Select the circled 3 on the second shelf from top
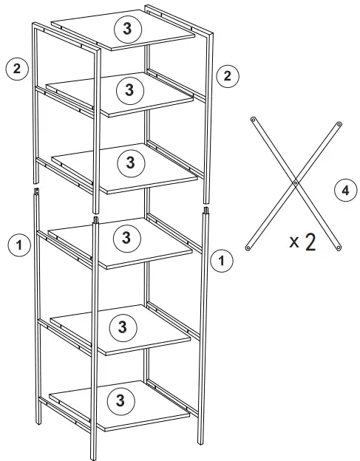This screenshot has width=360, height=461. pyautogui.click(x=129, y=90)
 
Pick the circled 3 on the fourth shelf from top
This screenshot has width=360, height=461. pyautogui.click(x=126, y=238)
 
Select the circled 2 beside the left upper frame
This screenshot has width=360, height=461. pyautogui.click(x=16, y=69)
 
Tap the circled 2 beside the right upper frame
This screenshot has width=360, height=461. pyautogui.click(x=226, y=75)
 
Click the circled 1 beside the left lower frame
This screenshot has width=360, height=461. pyautogui.click(x=18, y=244)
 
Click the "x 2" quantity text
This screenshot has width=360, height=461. pyautogui.click(x=302, y=242)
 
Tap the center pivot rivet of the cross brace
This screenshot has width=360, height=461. pyautogui.click(x=294, y=182)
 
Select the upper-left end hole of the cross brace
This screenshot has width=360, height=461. pyautogui.click(x=253, y=118)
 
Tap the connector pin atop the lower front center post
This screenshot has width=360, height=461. pyautogui.click(x=95, y=219)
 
